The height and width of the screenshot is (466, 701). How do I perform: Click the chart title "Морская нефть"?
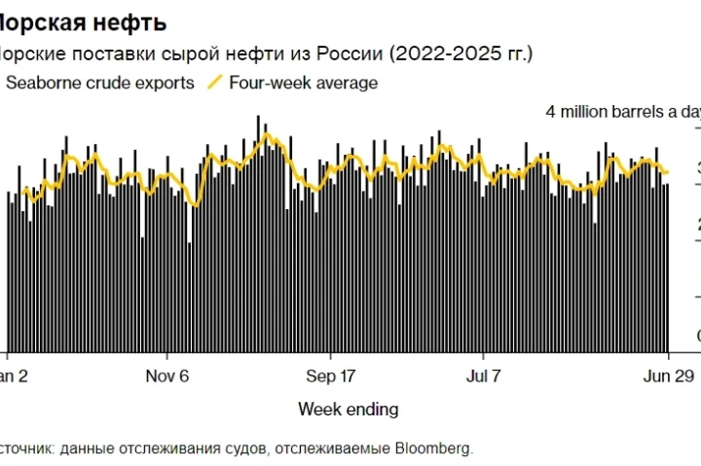pos(83,21)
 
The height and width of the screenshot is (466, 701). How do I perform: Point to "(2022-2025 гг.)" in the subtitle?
pos(461,53)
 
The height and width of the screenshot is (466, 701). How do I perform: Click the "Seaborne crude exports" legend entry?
pos(100,83)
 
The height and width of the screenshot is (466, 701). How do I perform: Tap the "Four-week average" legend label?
pos(303,83)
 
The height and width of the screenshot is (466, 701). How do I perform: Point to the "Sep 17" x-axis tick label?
pos(331,376)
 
